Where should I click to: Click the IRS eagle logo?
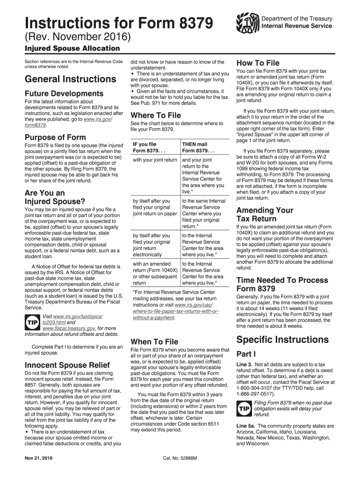pos(247,22)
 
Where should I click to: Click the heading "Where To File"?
pos(156,115)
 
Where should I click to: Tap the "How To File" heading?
pos(258,63)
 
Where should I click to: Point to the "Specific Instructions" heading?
pos(282,339)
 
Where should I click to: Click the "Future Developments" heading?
pos(64,94)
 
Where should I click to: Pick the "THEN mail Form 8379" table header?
pos(194,147)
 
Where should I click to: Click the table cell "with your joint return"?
pos(155,160)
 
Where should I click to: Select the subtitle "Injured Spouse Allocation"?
pos(72,49)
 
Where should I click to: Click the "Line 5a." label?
pos(247,426)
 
